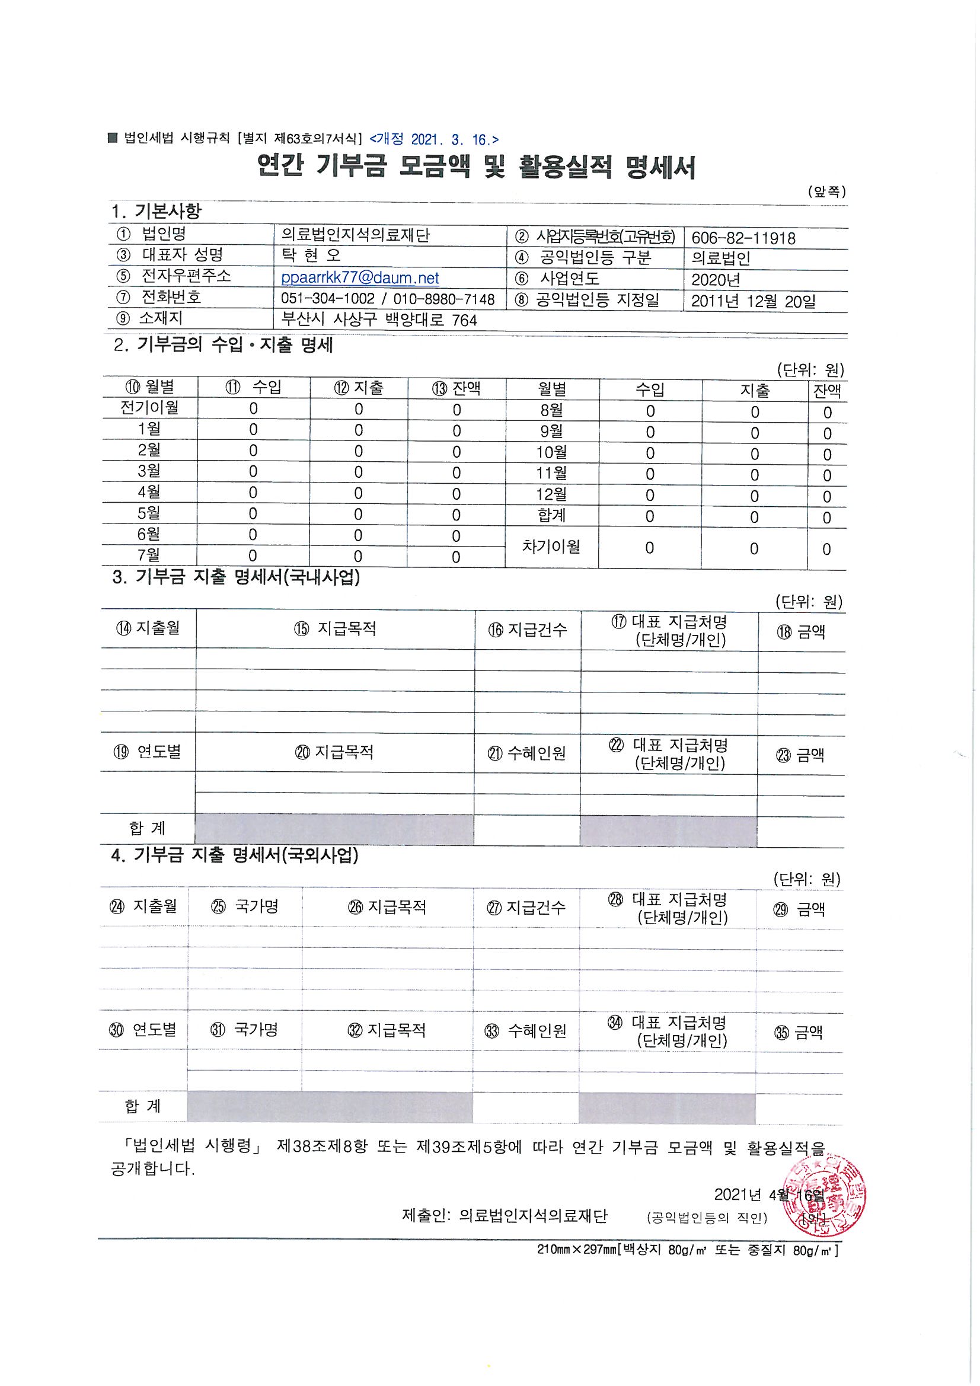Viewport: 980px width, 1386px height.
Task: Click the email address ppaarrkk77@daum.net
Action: click(x=360, y=277)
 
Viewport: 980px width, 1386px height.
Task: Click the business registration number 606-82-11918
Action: click(x=743, y=238)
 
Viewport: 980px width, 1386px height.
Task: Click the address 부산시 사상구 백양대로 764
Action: click(x=379, y=320)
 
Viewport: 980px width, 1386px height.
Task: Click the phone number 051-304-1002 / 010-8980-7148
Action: click(x=388, y=299)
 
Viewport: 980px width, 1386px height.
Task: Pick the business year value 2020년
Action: click(x=716, y=279)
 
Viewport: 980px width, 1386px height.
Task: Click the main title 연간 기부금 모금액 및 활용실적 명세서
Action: click(x=476, y=167)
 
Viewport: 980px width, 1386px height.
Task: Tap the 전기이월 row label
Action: click(x=149, y=407)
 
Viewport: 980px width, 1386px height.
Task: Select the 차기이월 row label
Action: click(x=551, y=547)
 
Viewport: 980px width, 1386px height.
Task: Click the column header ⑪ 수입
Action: click(x=253, y=387)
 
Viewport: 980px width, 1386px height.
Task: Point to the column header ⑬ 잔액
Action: click(x=456, y=388)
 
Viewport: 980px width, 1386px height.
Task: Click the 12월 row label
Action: click(x=551, y=494)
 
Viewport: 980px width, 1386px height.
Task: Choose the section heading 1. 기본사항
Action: click(x=157, y=211)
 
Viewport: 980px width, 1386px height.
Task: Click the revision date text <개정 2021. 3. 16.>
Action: click(x=433, y=139)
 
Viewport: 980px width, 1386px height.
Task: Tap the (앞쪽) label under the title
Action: click(x=826, y=191)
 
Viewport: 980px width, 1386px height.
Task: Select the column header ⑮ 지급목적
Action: click(x=335, y=628)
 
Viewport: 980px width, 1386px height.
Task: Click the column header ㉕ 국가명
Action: click(x=244, y=906)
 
